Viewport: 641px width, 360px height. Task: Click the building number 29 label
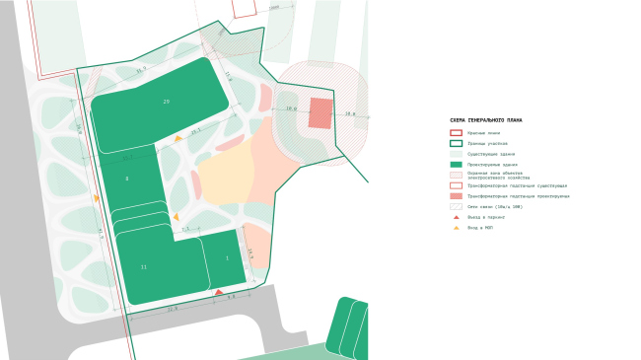point(166,102)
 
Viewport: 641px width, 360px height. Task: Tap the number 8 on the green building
point(126,179)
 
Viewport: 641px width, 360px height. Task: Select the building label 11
point(143,267)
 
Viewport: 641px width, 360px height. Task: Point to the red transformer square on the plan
point(320,113)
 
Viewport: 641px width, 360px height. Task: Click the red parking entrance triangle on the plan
point(218,292)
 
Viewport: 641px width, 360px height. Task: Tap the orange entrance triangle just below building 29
point(178,138)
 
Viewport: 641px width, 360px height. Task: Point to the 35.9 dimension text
point(141,70)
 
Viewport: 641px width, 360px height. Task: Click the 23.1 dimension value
point(195,130)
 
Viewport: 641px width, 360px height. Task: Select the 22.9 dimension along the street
point(173,310)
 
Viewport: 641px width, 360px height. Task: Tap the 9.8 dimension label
point(231,297)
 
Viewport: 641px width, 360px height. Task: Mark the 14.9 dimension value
point(249,253)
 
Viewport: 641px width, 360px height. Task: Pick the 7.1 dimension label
point(184,229)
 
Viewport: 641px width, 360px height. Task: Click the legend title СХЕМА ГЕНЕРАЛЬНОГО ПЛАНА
point(485,120)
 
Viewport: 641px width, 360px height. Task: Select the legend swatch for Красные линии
point(456,132)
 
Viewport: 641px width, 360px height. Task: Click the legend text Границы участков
point(487,143)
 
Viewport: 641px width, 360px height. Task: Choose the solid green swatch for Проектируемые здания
point(456,165)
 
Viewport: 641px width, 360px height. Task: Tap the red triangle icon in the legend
point(456,217)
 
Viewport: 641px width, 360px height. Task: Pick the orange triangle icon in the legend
point(456,228)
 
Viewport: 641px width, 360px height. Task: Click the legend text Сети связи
point(494,206)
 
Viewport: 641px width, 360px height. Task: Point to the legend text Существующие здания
point(490,154)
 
